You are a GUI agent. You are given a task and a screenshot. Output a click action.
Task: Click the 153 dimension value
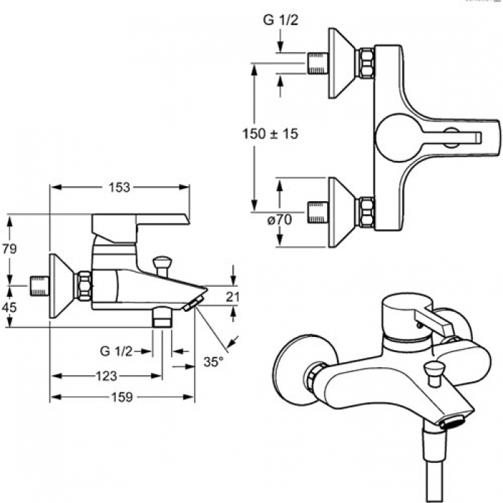(119, 188)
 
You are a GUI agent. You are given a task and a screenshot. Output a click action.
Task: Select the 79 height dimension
(9, 249)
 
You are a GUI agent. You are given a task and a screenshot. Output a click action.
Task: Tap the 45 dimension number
(9, 308)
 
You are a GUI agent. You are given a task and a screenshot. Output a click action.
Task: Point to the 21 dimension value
(232, 297)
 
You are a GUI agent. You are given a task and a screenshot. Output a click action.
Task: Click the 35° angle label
(213, 362)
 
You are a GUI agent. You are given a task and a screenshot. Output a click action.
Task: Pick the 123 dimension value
(106, 376)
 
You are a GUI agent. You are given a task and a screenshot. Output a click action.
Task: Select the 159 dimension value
(122, 397)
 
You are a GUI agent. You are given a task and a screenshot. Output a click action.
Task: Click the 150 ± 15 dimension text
(270, 134)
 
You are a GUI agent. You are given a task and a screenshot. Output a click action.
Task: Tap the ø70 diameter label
(280, 220)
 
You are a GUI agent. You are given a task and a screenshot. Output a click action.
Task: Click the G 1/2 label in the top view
(281, 20)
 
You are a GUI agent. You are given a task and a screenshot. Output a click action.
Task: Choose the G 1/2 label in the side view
(116, 351)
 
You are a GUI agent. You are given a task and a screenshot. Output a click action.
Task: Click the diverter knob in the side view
(162, 266)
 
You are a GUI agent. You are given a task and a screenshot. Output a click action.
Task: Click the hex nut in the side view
(84, 286)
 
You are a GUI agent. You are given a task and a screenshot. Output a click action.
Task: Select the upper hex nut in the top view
(366, 63)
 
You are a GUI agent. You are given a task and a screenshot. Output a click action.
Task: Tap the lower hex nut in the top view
(366, 213)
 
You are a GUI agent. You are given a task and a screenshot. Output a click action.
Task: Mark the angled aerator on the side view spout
(193, 303)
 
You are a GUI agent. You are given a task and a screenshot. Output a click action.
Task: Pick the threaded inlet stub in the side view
(39, 285)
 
